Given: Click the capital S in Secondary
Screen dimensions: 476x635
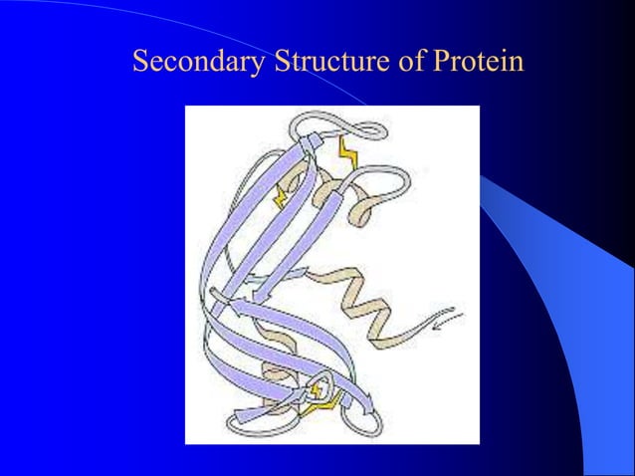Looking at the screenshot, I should pos(140,63).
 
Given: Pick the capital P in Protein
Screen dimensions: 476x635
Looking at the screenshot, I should pos(440,63).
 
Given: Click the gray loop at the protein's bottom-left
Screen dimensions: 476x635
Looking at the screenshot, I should pos(239,418).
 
